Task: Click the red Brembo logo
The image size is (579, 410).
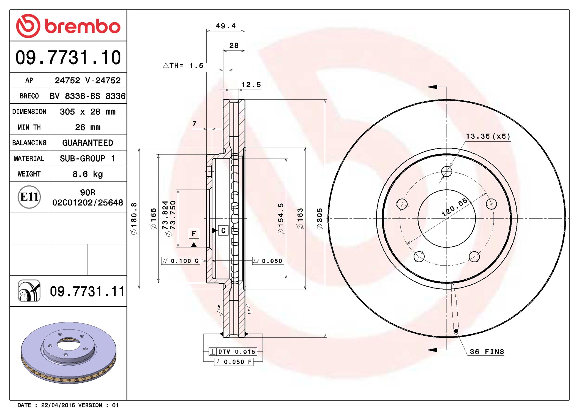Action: pyautogui.click(x=68, y=26)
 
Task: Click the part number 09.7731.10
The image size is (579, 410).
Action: pyautogui.click(x=68, y=57)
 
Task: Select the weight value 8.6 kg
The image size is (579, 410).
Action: pyautogui.click(x=88, y=174)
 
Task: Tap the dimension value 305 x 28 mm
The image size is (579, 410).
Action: pyautogui.click(x=88, y=112)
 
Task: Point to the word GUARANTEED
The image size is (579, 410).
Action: pyautogui.click(x=88, y=143)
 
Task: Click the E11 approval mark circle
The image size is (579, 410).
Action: pyautogui.click(x=29, y=197)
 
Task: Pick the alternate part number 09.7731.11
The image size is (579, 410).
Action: pyautogui.click(x=87, y=291)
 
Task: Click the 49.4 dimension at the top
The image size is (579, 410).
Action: pyautogui.click(x=226, y=26)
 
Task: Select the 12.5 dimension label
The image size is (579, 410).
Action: pyautogui.click(x=251, y=85)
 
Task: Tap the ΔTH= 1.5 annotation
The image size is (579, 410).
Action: pyautogui.click(x=183, y=66)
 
